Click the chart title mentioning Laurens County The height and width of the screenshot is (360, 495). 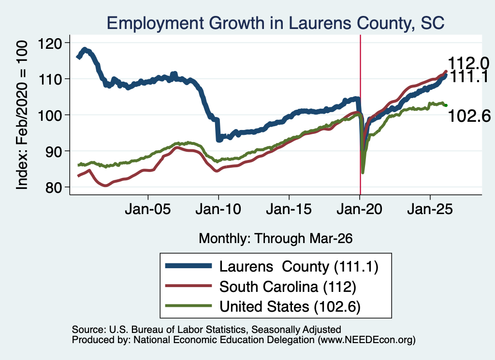point(276,23)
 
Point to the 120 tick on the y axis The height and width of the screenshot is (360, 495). point(50,43)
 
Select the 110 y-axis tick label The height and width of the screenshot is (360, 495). point(50,79)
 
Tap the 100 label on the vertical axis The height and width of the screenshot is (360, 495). point(50,115)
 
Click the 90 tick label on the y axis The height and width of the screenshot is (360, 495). point(53,151)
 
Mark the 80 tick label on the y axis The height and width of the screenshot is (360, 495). point(53,187)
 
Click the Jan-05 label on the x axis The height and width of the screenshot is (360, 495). point(148,209)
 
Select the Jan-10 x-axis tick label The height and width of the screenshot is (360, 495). point(218,209)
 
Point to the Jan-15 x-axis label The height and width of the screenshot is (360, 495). point(289,209)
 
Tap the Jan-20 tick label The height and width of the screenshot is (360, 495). point(359,209)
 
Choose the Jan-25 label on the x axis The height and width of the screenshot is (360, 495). point(430,209)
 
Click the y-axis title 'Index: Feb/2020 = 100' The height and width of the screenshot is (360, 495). point(22,115)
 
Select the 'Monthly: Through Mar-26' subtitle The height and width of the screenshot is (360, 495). point(276,238)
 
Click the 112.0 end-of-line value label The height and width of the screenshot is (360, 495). point(468,63)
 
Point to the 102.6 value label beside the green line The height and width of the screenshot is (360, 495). point(469,116)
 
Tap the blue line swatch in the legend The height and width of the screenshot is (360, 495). point(189,266)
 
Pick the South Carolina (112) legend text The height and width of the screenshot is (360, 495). point(288,287)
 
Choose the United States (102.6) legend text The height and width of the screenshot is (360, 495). point(290,307)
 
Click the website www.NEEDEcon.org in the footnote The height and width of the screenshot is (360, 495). point(366,340)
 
